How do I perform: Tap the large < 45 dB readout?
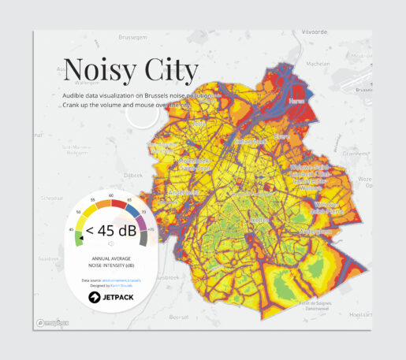pyautogui.click(x=110, y=231)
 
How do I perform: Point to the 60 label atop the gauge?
pyautogui.click(x=110, y=195)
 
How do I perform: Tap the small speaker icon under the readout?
pyautogui.click(x=110, y=244)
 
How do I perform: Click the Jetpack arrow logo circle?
pyautogui.click(x=94, y=297)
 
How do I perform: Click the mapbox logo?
pyautogui.click(x=54, y=323)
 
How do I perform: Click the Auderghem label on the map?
pyautogui.click(x=314, y=231)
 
